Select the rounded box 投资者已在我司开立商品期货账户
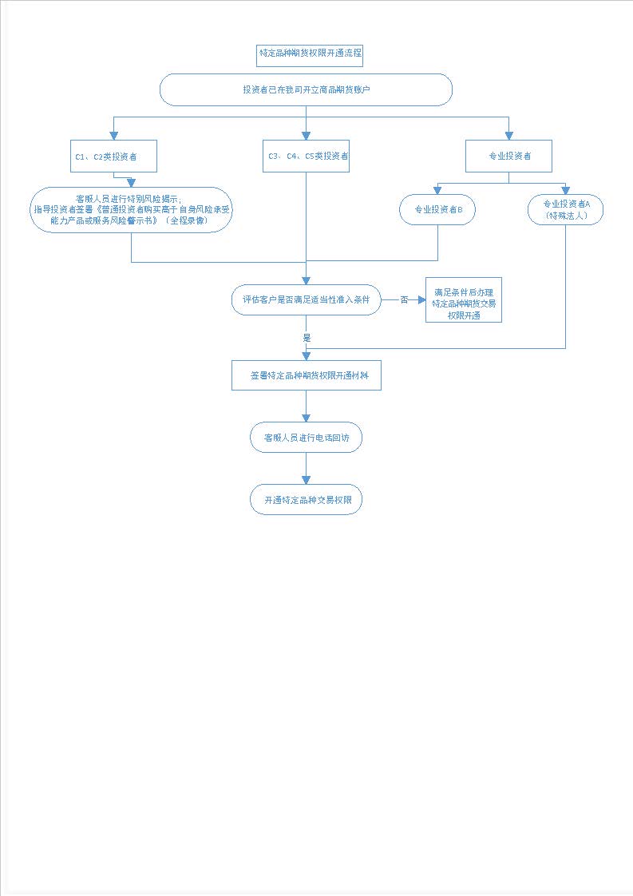click(306, 89)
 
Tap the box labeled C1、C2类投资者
click(113, 156)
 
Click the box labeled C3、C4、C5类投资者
click(306, 156)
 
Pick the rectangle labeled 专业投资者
click(508, 156)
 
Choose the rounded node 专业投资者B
click(437, 210)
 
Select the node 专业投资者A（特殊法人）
click(565, 210)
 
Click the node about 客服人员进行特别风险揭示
click(132, 210)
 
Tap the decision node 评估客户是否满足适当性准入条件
click(306, 299)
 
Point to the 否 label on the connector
click(404, 299)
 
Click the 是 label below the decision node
click(307, 338)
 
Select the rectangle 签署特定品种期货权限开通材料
click(307, 375)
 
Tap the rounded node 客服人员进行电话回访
click(306, 438)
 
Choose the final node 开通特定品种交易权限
click(306, 500)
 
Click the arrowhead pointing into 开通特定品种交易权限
click(306, 480)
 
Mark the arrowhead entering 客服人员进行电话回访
click(306, 418)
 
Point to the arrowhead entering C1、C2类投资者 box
click(113, 136)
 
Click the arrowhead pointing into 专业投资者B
click(437, 190)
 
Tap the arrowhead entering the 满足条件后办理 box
click(421, 299)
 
